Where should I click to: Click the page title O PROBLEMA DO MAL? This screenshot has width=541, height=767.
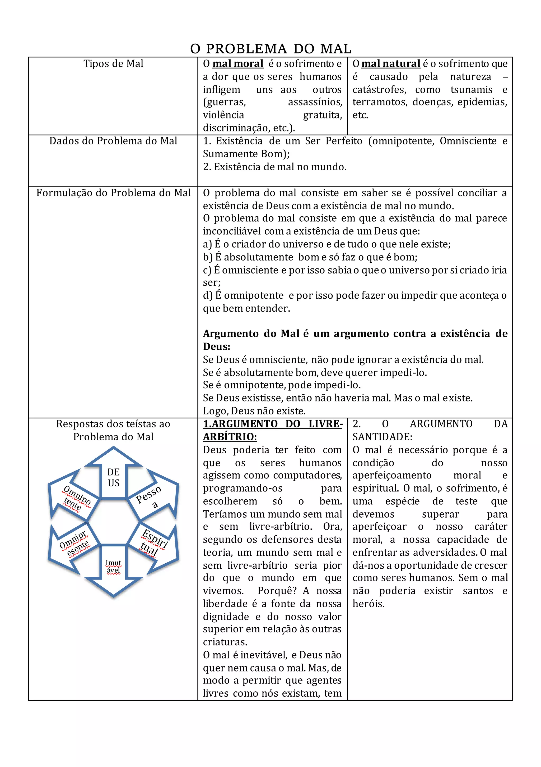[271, 49]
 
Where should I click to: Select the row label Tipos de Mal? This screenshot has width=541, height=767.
[113, 63]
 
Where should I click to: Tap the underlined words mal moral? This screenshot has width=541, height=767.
[238, 63]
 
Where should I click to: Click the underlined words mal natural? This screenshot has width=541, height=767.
[390, 63]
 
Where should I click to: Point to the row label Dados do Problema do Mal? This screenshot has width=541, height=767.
[113, 141]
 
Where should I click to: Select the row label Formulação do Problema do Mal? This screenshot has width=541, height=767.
[113, 193]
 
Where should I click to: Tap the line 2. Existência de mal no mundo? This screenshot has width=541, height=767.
[275, 167]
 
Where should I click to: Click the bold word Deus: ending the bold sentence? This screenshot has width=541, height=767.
[216, 346]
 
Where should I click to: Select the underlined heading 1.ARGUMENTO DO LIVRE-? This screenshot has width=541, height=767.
[273, 424]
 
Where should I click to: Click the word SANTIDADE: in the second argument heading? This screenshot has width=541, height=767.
[382, 437]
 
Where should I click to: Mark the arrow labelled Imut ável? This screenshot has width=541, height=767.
[114, 568]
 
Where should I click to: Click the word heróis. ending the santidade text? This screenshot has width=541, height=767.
[369, 603]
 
